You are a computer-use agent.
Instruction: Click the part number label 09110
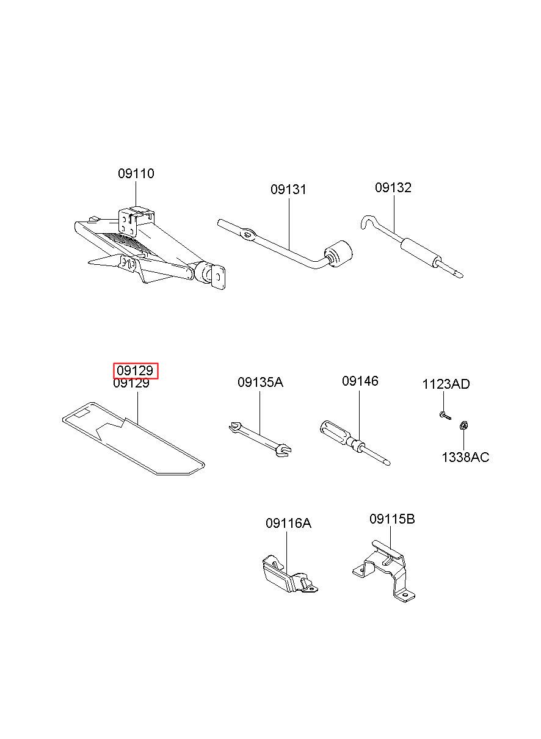click(x=136, y=174)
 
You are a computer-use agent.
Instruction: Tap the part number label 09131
click(x=288, y=190)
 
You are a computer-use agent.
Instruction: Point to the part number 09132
click(x=393, y=188)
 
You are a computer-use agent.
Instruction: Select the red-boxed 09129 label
click(x=136, y=370)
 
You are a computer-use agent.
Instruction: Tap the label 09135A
click(x=260, y=383)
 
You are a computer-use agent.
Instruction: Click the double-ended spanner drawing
click(x=260, y=439)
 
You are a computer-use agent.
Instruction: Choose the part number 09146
click(x=360, y=381)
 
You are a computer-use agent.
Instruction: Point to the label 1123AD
click(x=446, y=384)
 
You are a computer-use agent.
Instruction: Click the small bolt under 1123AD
click(x=443, y=416)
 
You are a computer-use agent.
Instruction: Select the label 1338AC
click(x=465, y=457)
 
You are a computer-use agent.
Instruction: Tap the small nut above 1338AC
click(x=463, y=426)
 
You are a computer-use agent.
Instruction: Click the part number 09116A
click(x=288, y=523)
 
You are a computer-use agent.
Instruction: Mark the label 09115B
click(x=392, y=519)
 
